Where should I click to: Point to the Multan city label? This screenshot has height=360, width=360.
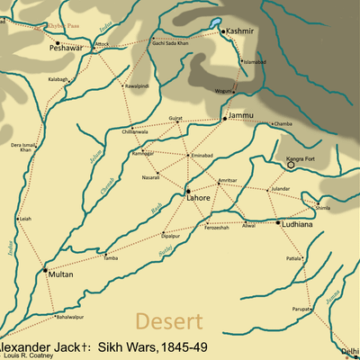60,274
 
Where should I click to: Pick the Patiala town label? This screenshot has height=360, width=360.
294,258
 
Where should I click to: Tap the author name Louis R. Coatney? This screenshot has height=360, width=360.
27,355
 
